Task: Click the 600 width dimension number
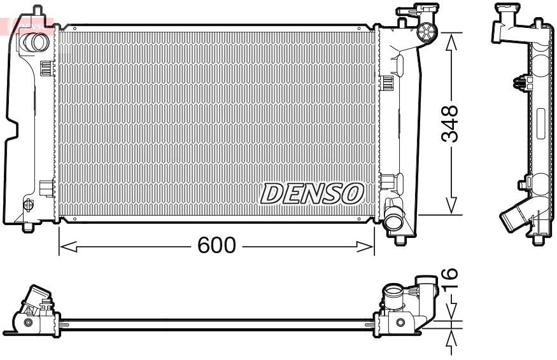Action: [216, 246]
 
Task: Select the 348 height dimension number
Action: [450, 124]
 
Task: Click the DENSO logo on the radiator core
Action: [312, 193]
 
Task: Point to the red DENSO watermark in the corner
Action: [29, 25]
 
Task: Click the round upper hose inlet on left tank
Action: [34, 43]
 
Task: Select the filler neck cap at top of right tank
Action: [427, 32]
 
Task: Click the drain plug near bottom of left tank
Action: [27, 205]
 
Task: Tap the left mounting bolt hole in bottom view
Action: [27, 322]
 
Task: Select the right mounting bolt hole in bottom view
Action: [400, 322]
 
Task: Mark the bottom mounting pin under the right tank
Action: [400, 240]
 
